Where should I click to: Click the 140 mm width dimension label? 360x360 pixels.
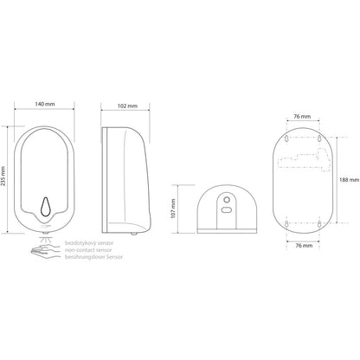45,104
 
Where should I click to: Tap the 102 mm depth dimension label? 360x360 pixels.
127,106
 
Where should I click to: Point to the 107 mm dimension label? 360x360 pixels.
173,209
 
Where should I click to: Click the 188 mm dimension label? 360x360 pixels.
350,180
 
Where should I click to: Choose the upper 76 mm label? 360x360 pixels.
302,117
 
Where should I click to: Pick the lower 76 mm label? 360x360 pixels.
304,246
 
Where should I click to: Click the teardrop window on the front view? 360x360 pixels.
45,207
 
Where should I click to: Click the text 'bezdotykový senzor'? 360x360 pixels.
89,243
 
